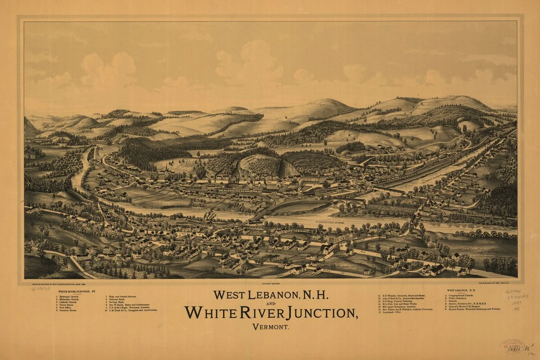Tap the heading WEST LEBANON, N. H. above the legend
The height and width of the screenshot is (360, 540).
point(463,290)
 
